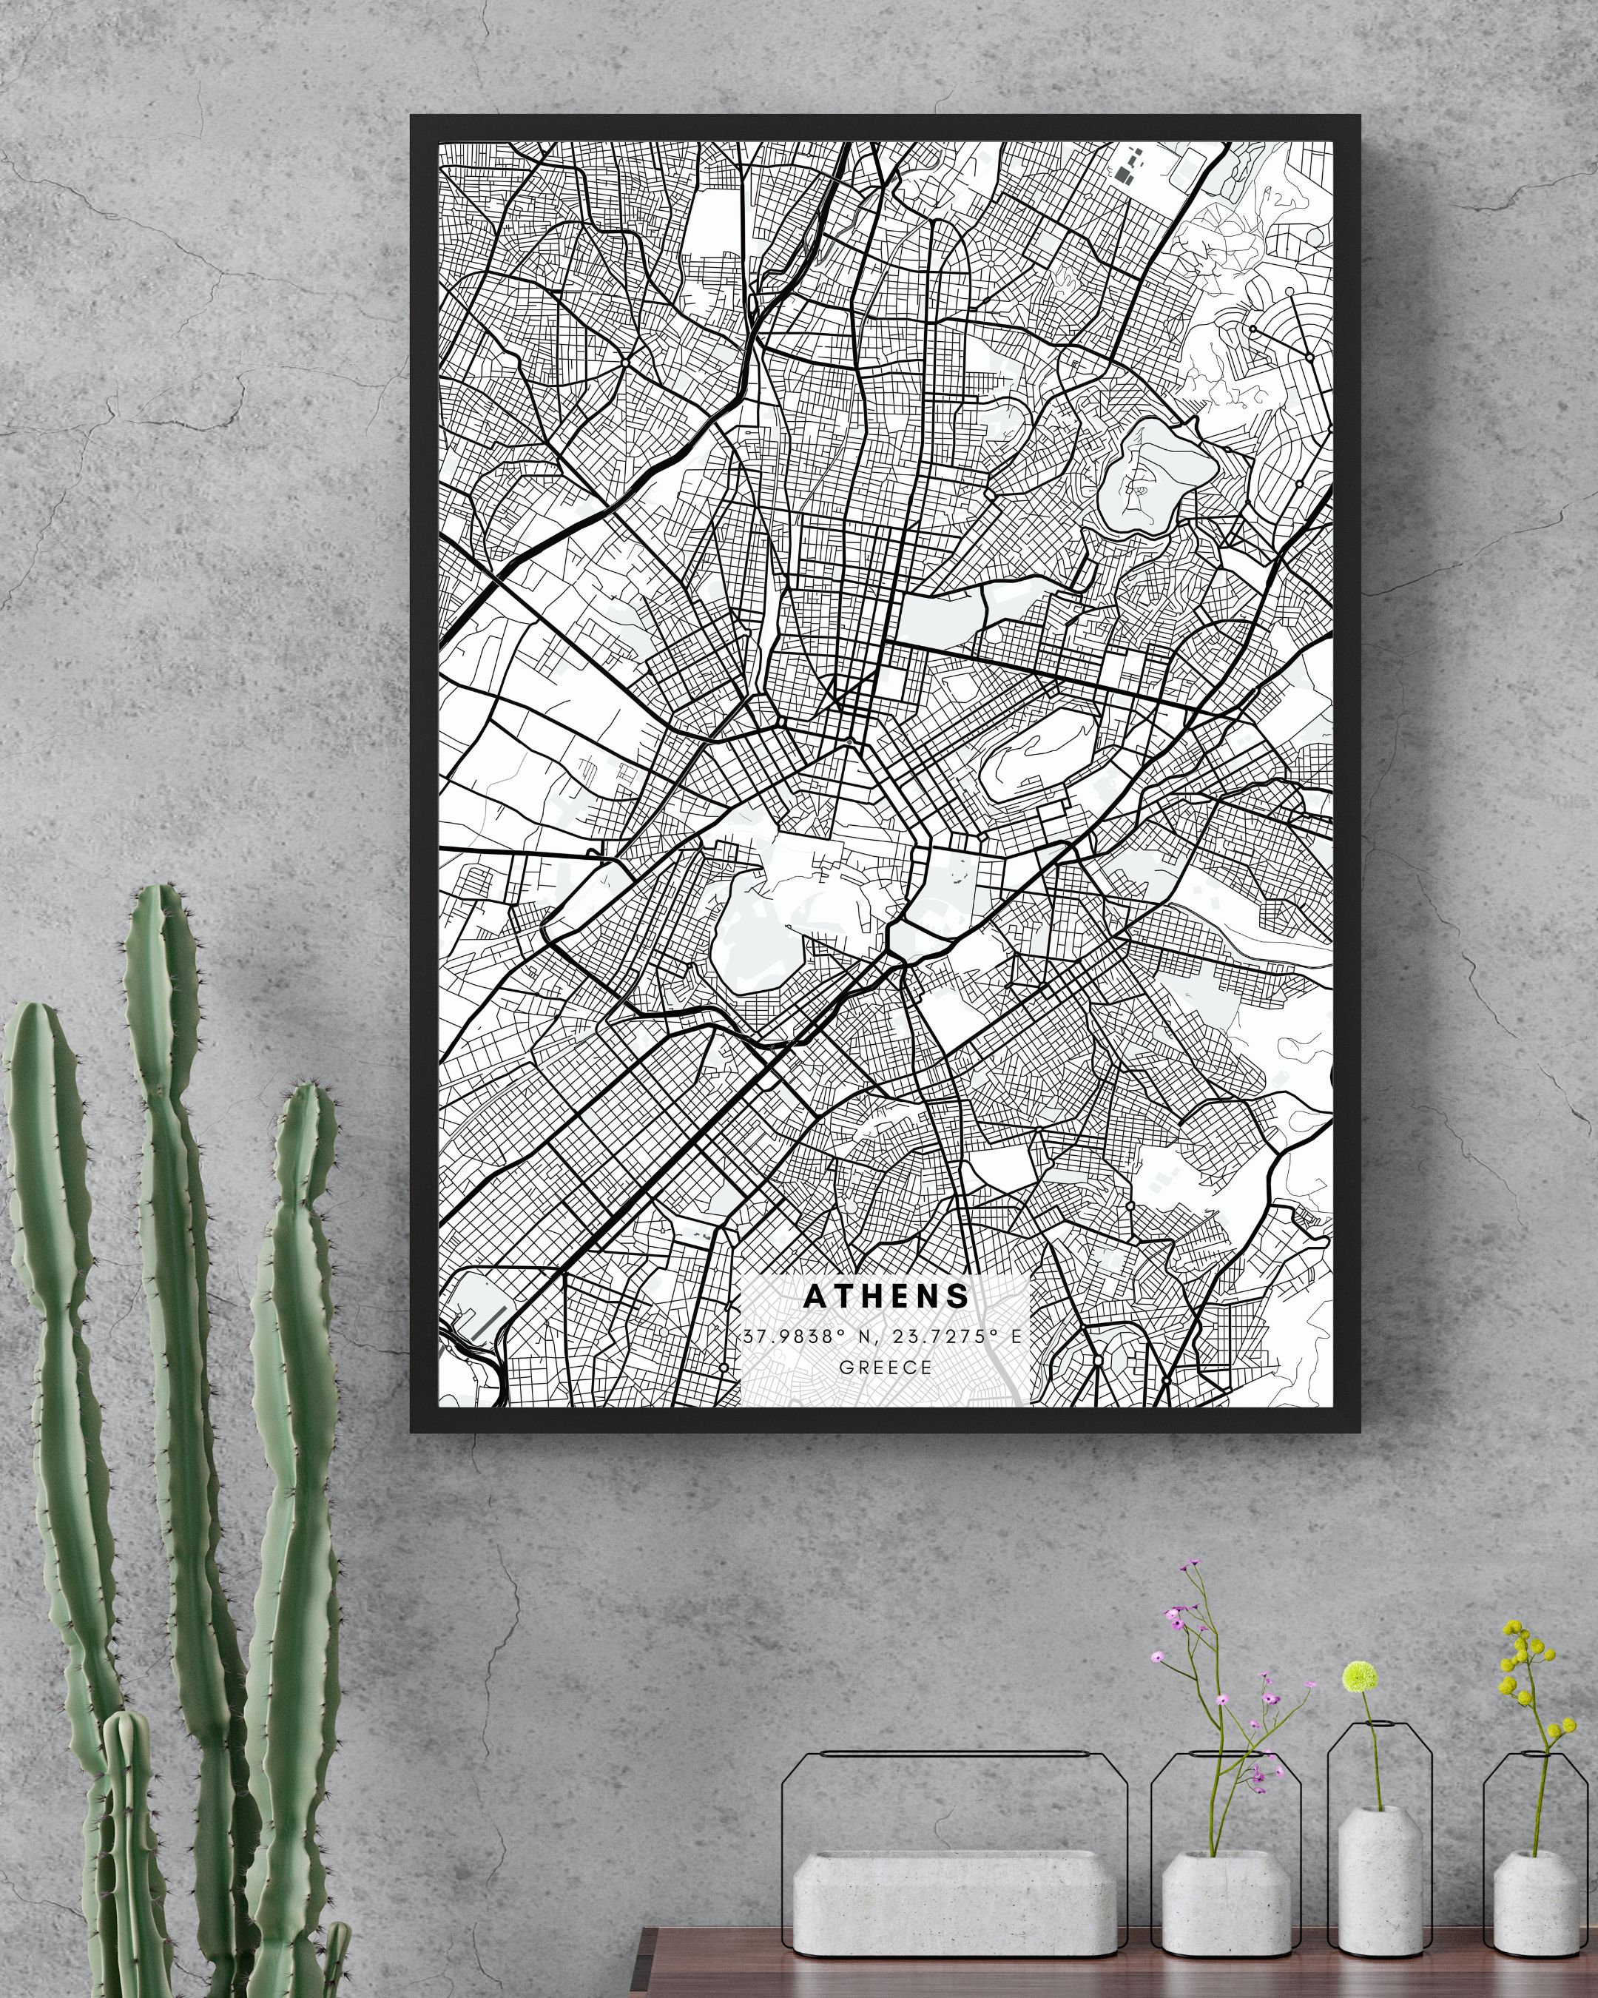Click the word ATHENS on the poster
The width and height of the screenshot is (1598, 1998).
coord(886,1296)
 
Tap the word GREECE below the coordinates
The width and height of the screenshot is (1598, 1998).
coord(886,1366)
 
